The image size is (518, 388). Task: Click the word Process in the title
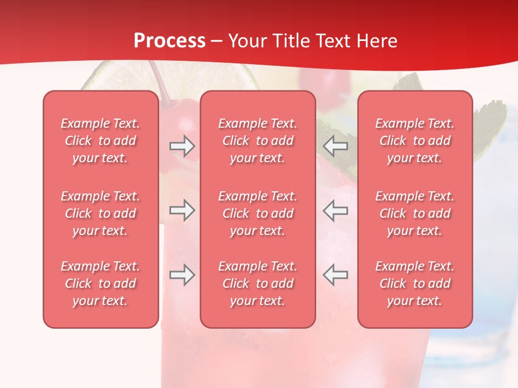[x=169, y=41]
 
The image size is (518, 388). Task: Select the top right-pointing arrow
[x=182, y=146]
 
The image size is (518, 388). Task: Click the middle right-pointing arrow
[x=182, y=210]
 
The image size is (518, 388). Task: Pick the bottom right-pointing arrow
[x=182, y=275]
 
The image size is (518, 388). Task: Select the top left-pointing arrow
[x=336, y=146]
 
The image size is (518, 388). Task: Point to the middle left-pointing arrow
[x=336, y=210]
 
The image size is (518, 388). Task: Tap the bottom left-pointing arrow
[x=336, y=275]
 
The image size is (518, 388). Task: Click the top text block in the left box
[x=100, y=141]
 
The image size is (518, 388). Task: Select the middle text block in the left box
[x=100, y=213]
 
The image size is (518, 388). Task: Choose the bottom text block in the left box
[x=100, y=283]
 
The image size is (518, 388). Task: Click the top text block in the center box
[x=258, y=141]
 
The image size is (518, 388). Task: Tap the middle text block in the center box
[x=258, y=213]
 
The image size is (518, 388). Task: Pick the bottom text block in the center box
[x=258, y=283]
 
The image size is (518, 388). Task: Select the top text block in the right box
[x=415, y=141]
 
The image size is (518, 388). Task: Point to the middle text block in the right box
[x=415, y=213]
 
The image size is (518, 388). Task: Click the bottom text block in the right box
[x=415, y=283]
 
